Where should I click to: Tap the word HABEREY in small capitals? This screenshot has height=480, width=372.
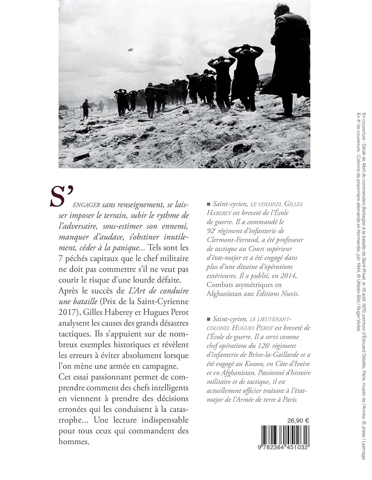click(x=221, y=212)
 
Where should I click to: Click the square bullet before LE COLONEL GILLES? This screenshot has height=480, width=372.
click(x=209, y=204)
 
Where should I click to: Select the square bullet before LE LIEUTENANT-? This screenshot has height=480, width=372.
click(x=209, y=319)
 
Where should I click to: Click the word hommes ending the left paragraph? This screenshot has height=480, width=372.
click(x=69, y=442)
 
